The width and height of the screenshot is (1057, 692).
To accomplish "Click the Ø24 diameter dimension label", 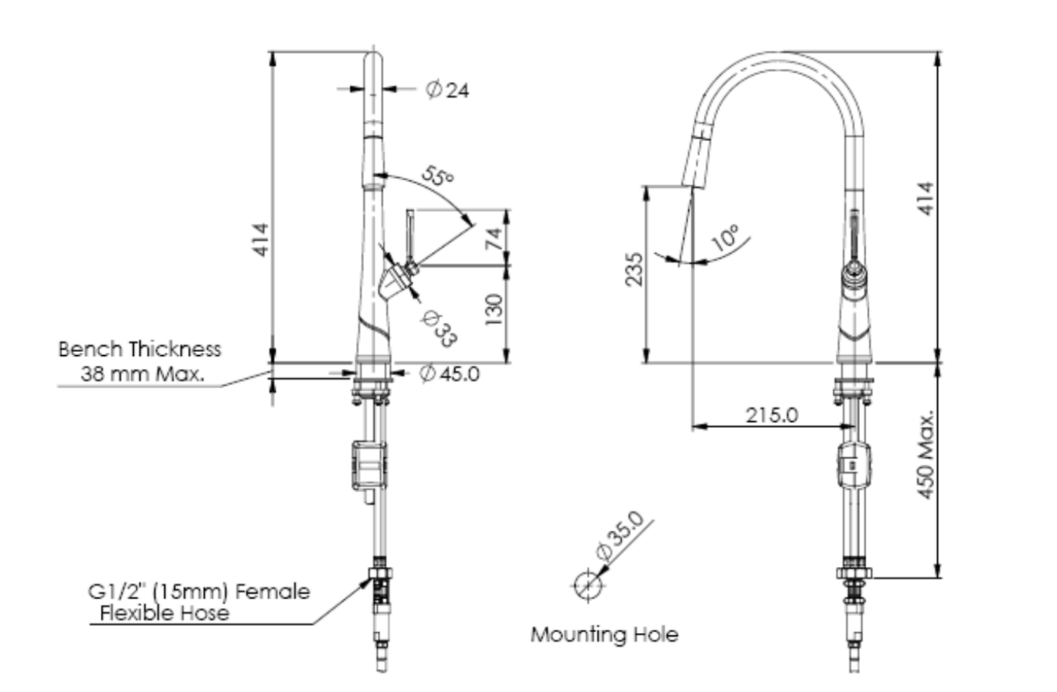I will [x=447, y=90].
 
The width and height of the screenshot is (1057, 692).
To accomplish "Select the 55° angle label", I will [x=437, y=177].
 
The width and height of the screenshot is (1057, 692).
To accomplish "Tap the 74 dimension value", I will [x=494, y=238].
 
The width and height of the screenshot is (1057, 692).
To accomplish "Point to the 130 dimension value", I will [x=494, y=310].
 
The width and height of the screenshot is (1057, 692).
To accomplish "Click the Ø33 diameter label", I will [x=438, y=329].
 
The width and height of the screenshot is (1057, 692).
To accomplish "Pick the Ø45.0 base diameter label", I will [x=450, y=373].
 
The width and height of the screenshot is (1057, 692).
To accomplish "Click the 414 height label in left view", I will [x=260, y=239].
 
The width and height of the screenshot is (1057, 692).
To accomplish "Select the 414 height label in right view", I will [x=926, y=198].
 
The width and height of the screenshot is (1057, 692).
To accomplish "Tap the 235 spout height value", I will [x=634, y=270].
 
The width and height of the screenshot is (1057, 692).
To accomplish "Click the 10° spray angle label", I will [x=725, y=238].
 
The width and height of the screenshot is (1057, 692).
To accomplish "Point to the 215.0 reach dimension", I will [x=772, y=415].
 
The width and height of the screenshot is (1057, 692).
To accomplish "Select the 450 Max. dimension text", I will [x=926, y=455].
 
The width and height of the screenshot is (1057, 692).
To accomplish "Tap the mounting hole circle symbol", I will [x=586, y=585].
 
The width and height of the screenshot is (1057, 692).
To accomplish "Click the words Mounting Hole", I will [x=604, y=634].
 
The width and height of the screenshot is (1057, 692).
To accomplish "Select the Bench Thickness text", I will [x=140, y=349].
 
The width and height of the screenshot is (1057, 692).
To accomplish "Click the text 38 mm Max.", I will [x=142, y=373].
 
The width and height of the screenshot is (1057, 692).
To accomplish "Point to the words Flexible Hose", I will [x=164, y=613].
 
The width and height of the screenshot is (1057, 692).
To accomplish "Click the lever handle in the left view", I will [x=409, y=236].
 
